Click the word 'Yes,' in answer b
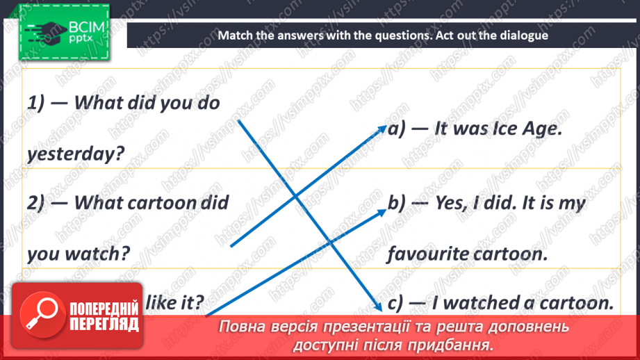click(x=454, y=203)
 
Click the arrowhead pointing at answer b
click(x=383, y=210)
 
